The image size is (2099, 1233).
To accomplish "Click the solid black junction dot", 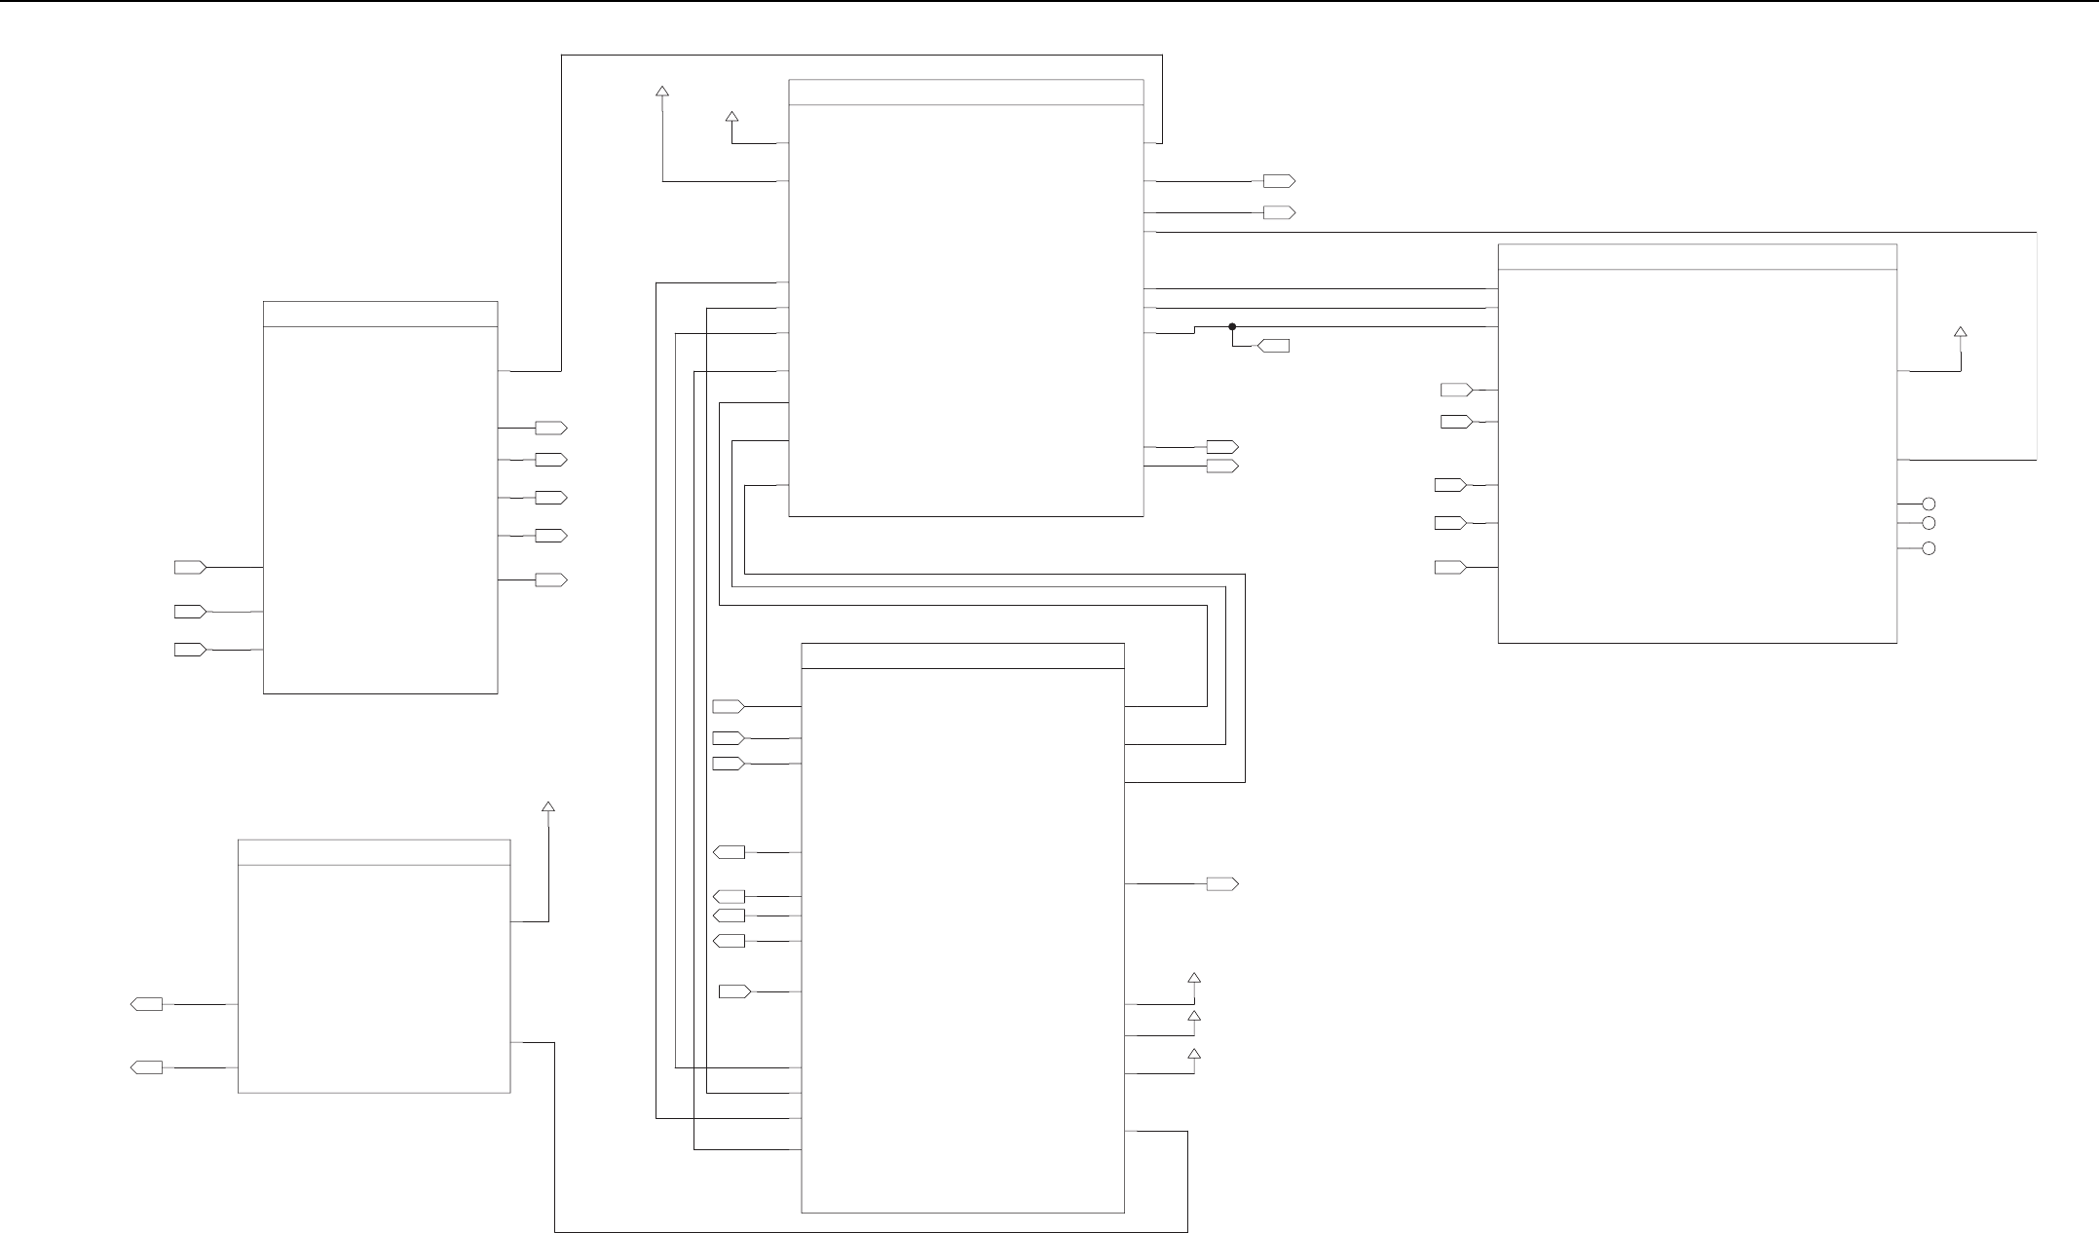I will pyautogui.click(x=1232, y=326).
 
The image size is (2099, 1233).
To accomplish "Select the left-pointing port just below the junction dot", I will pyautogui.click(x=1274, y=346).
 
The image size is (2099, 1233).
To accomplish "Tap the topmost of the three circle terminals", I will pyautogui.click(x=1928, y=504).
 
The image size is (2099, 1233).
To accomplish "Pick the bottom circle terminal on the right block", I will pyautogui.click(x=1928, y=549).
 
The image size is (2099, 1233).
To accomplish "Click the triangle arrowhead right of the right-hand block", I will pyautogui.click(x=1961, y=332).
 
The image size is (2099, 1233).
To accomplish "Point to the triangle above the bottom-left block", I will pyautogui.click(x=548, y=807).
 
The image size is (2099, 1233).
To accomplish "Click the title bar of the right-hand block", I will pyautogui.click(x=1697, y=256).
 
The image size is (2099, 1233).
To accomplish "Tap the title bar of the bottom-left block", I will pyautogui.click(x=374, y=852).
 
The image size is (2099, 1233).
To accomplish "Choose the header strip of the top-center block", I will pyautogui.click(x=965, y=92).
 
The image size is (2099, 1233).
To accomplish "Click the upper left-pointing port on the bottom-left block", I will pyautogui.click(x=146, y=1004).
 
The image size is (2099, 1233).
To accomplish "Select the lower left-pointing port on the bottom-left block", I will pyautogui.click(x=146, y=1068).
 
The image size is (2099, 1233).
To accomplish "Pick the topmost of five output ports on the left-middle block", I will pyautogui.click(x=551, y=428).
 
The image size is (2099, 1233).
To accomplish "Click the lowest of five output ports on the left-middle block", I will pyautogui.click(x=551, y=580).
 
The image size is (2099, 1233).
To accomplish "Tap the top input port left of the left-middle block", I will pyautogui.click(x=190, y=567).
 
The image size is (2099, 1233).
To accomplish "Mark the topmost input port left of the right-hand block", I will pyautogui.click(x=1457, y=391).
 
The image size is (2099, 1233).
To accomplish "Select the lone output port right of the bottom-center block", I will pyautogui.click(x=1222, y=884).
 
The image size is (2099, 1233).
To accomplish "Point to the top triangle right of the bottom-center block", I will pyautogui.click(x=1194, y=978).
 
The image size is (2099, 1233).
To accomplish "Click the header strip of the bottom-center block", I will pyautogui.click(x=962, y=655).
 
